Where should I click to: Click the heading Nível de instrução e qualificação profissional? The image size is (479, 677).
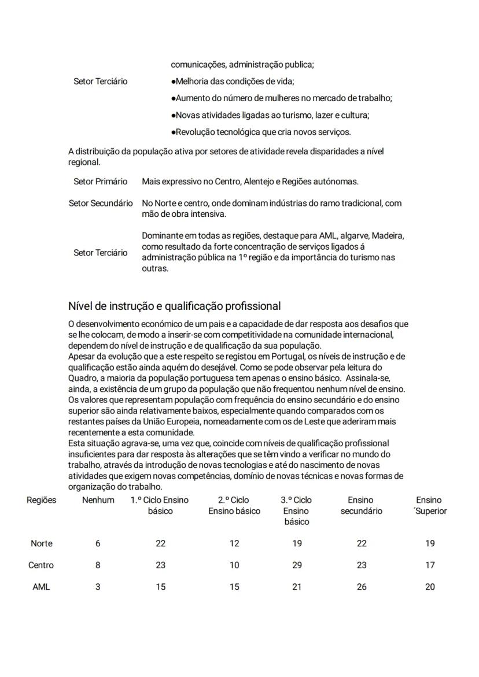click(x=174, y=306)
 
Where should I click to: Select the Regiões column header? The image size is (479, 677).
click(x=41, y=500)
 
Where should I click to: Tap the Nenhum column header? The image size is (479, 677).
click(x=98, y=500)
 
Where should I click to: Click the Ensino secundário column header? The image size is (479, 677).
click(x=361, y=505)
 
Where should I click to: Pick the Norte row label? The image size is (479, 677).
click(x=41, y=543)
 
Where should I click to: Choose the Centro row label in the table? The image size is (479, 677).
click(x=41, y=565)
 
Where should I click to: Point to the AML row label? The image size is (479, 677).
click(x=41, y=587)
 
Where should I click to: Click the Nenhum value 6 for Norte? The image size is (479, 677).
click(x=98, y=543)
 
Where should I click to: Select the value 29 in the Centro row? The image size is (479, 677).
click(x=297, y=565)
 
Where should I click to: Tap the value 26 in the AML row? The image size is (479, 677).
click(x=361, y=587)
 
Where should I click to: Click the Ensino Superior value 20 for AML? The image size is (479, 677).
click(x=429, y=587)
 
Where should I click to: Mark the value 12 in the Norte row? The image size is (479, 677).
click(x=234, y=543)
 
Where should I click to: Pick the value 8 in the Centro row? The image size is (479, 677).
click(x=98, y=565)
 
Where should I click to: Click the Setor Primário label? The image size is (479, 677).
click(x=100, y=182)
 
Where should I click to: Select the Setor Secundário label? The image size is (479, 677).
click(x=100, y=204)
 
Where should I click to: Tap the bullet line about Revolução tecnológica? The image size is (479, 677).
click(x=261, y=132)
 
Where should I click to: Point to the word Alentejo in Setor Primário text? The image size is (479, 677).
click(x=260, y=182)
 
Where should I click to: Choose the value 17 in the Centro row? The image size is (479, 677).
click(x=429, y=565)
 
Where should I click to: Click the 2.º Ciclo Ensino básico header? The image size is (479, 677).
click(x=234, y=505)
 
